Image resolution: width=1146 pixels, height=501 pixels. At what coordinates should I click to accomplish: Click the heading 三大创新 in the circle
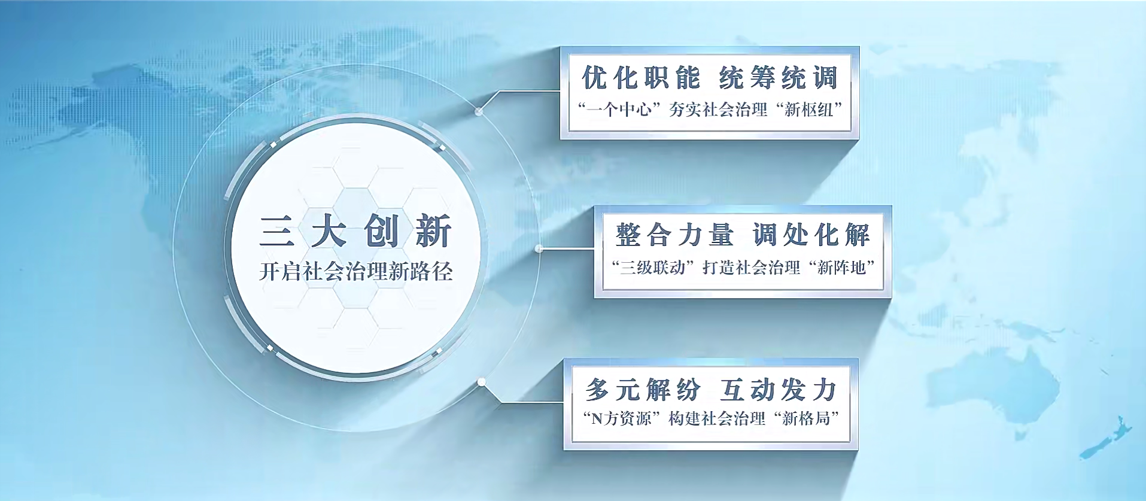tap(355, 231)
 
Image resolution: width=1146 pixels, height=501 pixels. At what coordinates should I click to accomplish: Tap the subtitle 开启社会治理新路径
tap(355, 272)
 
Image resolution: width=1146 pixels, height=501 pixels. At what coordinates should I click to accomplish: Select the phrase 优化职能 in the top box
tap(641, 78)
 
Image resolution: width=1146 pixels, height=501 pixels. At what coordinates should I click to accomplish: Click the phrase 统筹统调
tap(778, 78)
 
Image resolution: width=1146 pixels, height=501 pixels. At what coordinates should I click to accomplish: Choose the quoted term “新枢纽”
tap(808, 110)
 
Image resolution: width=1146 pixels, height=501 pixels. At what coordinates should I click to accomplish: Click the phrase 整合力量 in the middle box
tap(674, 235)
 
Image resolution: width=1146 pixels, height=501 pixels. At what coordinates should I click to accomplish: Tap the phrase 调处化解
tap(811, 235)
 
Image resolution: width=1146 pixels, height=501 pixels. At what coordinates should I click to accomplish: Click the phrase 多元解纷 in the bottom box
tap(643, 390)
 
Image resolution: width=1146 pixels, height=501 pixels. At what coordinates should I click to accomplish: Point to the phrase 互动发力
tap(778, 390)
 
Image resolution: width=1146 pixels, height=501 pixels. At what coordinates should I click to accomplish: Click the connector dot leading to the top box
tap(479, 111)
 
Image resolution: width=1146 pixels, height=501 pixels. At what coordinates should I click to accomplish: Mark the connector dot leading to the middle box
tap(539, 248)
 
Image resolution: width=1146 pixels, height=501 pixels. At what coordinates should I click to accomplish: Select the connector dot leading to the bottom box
tap(482, 382)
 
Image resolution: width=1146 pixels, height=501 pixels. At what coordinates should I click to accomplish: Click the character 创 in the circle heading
tap(381, 231)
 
